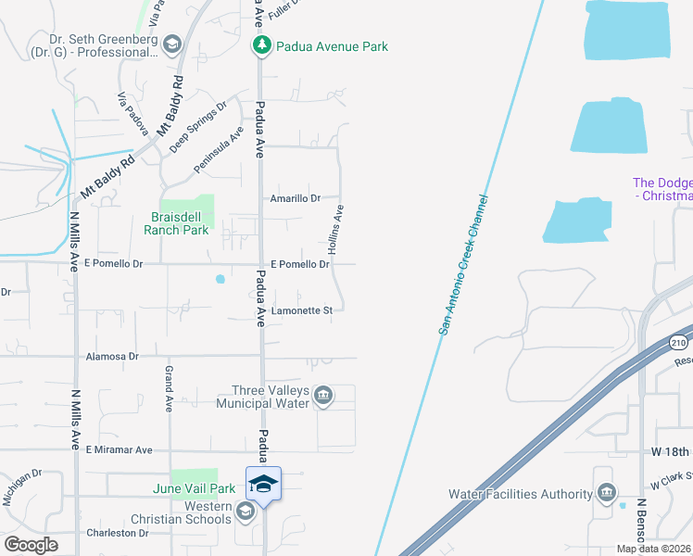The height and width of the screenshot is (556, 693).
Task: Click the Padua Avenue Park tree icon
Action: click(262, 45)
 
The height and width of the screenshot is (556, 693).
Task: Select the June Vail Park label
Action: click(195, 488)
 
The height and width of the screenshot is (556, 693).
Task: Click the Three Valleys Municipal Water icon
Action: click(322, 396)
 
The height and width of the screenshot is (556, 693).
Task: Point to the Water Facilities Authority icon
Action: click(606, 492)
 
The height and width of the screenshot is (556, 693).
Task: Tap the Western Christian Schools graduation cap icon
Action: click(245, 512)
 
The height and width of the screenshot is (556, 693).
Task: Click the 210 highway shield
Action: click(680, 342)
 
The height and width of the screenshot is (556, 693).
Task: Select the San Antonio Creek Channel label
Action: click(463, 264)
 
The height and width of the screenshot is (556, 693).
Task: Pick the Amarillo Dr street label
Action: click(295, 198)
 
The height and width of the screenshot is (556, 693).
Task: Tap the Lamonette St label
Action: click(301, 311)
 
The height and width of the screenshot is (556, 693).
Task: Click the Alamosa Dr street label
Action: click(111, 356)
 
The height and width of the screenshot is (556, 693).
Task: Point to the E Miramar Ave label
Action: click(119, 450)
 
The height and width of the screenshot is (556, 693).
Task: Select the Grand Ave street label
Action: click(170, 388)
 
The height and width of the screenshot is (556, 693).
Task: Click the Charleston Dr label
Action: click(118, 534)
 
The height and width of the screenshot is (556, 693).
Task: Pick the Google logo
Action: click(31, 545)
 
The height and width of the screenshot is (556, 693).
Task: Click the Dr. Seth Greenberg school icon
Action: click(172, 45)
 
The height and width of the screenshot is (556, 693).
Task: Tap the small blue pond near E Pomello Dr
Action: click(220, 278)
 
